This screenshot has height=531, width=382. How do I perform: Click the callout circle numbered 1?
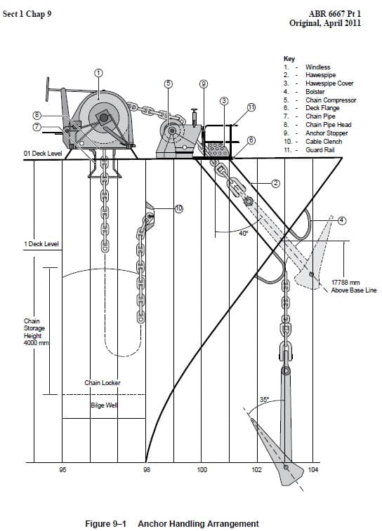point(99,72)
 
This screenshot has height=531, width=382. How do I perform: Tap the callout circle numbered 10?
point(179,208)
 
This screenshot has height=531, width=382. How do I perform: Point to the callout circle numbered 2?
point(276,184)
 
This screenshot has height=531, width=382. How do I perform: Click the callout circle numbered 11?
point(251,107)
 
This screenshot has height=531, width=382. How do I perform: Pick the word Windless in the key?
point(318,67)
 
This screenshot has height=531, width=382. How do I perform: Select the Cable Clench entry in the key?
point(322,141)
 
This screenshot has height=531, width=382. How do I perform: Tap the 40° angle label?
point(243,233)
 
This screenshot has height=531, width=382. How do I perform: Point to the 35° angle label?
point(264,399)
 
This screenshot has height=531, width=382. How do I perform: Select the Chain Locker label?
point(103,383)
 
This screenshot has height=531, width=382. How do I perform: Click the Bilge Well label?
point(103,406)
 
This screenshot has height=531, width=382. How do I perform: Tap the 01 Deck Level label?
point(43,152)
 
